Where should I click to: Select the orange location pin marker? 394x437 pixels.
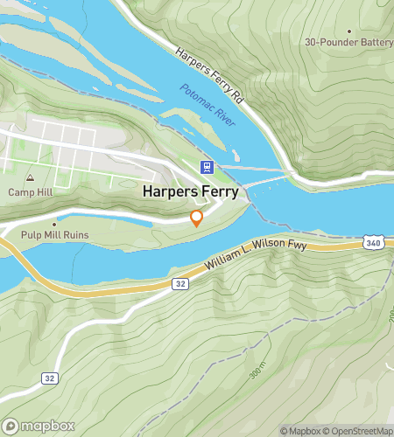(197, 218)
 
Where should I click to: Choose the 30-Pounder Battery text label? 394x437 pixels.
(348, 42)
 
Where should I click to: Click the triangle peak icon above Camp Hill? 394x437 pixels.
(31, 177)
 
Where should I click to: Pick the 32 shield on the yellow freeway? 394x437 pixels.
(179, 283)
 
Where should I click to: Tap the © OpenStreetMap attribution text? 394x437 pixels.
(359, 431)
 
